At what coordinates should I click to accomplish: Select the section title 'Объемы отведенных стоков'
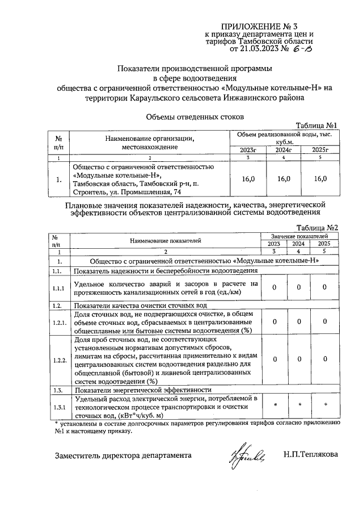pyautogui.click(x=195, y=116)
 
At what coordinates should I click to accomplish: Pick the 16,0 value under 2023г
pyautogui.click(x=248, y=179)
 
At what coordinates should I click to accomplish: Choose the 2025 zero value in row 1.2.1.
pyautogui.click(x=324, y=322)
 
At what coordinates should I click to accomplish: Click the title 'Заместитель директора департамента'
pyautogui.click(x=123, y=455)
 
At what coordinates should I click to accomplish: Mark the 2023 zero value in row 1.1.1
pyautogui.click(x=273, y=287)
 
